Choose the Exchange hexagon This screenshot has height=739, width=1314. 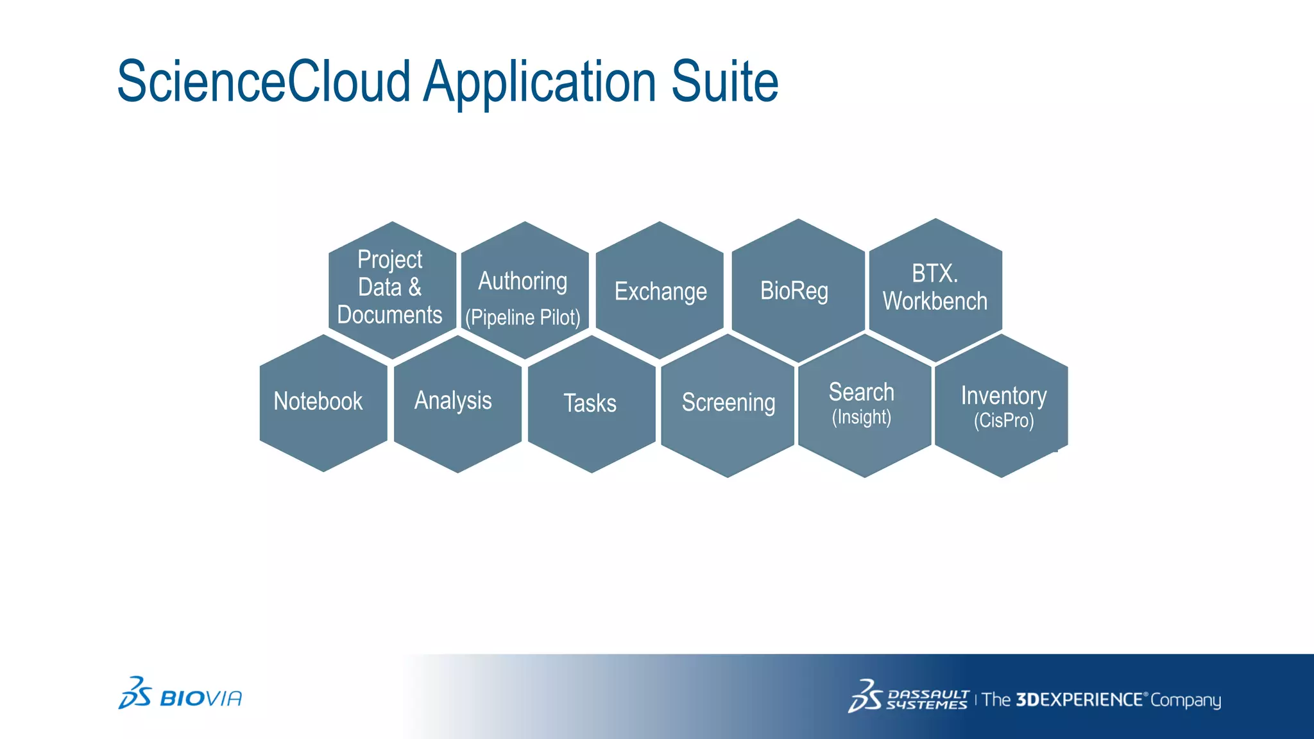pyautogui.click(x=660, y=291)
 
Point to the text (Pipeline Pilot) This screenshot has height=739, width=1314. pyautogui.click(x=523, y=318)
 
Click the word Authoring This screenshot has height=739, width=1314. pyautogui.click(x=523, y=281)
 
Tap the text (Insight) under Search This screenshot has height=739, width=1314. pyautogui.click(x=862, y=418)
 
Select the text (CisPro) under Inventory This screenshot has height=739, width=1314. pyautogui.click(x=1003, y=421)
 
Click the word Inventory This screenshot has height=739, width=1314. pyautogui.click(x=1003, y=396)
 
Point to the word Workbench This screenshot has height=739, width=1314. pyautogui.click(x=935, y=302)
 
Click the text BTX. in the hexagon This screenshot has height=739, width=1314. pyautogui.click(x=935, y=274)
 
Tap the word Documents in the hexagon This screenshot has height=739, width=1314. pyautogui.click(x=389, y=315)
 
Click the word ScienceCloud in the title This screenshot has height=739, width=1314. pyautogui.click(x=263, y=82)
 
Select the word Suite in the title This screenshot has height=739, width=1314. pyautogui.click(x=724, y=82)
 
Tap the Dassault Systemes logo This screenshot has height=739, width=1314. pyautogui.click(x=908, y=698)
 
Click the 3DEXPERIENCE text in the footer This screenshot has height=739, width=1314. pyautogui.click(x=1079, y=699)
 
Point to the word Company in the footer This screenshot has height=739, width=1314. pyautogui.click(x=1186, y=700)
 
